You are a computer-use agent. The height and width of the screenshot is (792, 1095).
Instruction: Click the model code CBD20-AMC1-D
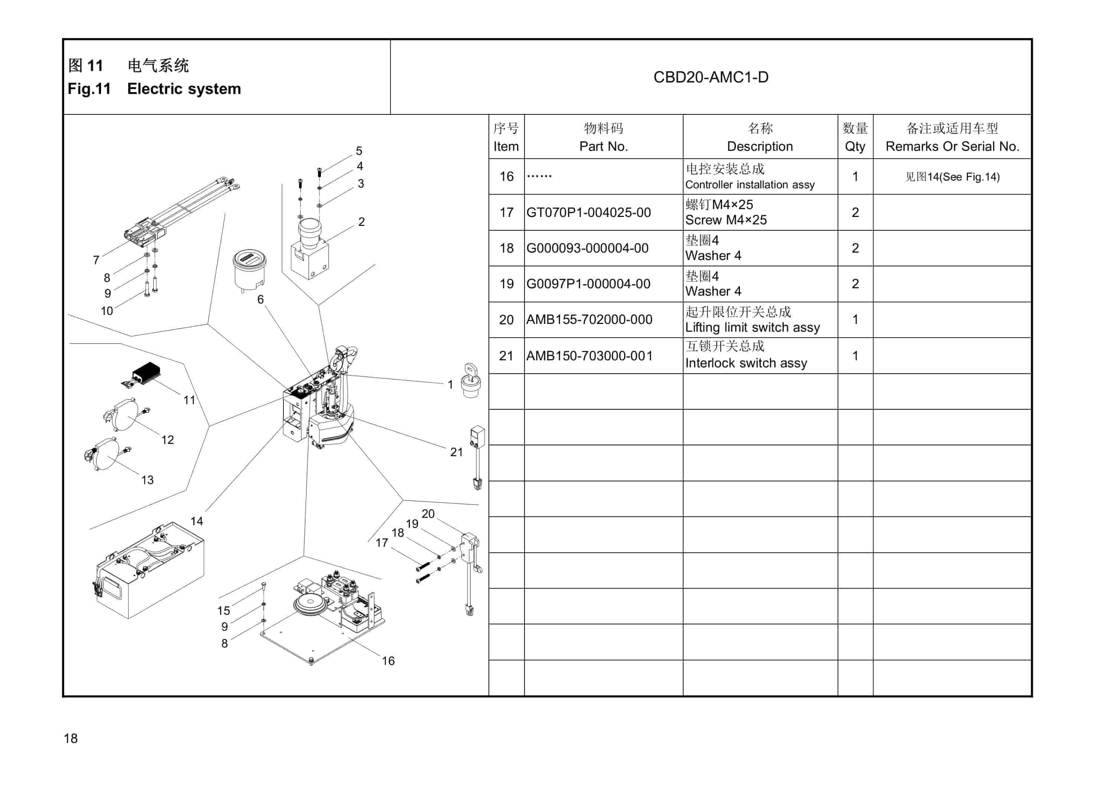click(711, 77)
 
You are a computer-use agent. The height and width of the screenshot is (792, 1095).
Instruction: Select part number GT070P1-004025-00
click(588, 212)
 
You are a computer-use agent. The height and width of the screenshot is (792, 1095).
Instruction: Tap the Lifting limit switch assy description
click(752, 327)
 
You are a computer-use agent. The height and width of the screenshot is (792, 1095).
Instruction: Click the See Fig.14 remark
click(952, 177)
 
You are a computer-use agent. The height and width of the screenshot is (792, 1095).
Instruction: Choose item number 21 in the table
click(506, 356)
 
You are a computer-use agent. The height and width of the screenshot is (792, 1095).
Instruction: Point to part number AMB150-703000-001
click(589, 356)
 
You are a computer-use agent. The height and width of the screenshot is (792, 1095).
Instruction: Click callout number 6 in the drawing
click(260, 299)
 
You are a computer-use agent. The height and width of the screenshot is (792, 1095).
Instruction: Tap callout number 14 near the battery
click(196, 521)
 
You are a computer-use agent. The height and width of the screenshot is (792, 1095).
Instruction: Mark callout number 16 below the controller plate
click(388, 660)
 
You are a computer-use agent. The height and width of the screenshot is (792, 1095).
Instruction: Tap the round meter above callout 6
click(249, 268)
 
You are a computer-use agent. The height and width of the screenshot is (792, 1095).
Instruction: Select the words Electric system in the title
click(183, 89)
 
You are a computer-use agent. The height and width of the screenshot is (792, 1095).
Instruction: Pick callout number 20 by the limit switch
click(428, 514)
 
